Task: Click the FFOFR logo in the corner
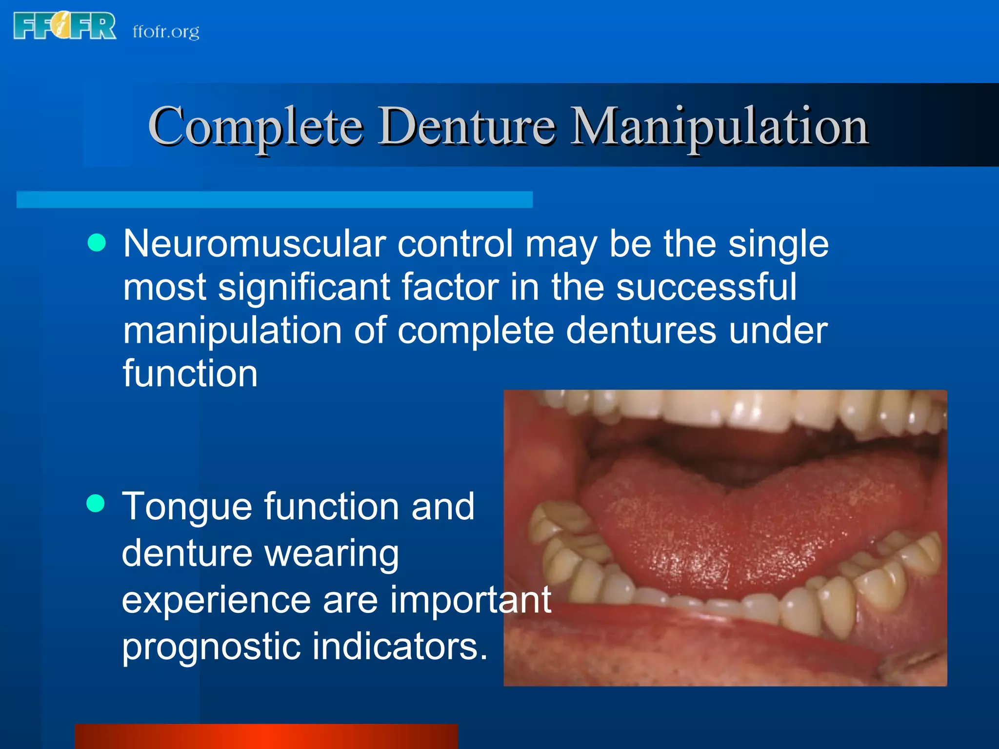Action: pyautogui.click(x=64, y=26)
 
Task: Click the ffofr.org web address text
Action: pyautogui.click(x=166, y=32)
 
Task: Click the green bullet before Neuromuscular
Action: pyautogui.click(x=97, y=242)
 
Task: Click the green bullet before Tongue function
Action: pyautogui.click(x=96, y=503)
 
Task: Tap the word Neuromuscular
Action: pyautogui.click(x=254, y=243)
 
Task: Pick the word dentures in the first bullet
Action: pyautogui.click(x=641, y=330)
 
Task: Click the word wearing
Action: pyautogui.click(x=332, y=554)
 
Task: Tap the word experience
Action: pyautogui.click(x=216, y=600)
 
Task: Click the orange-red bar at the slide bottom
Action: pyautogui.click(x=266, y=736)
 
